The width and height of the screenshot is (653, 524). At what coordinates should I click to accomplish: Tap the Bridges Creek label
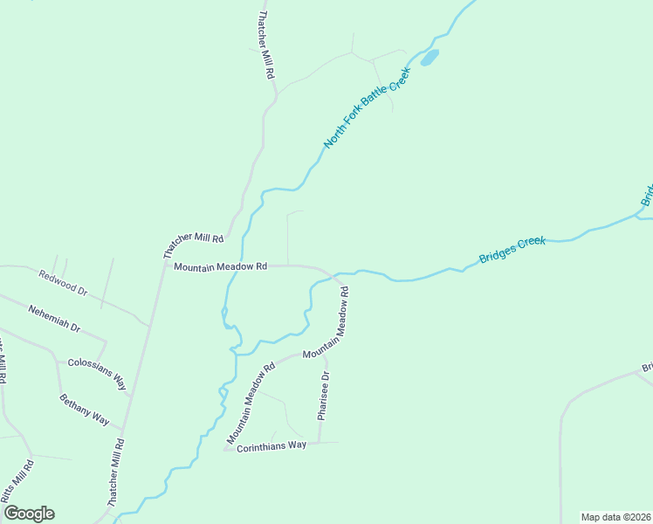point(512,249)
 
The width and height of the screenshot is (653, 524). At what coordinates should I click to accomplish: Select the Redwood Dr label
point(64,282)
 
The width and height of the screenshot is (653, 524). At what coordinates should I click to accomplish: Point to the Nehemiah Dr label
point(54,319)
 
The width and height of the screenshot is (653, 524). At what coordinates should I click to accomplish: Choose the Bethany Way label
point(85,410)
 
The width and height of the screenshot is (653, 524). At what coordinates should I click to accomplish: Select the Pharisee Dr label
point(323,396)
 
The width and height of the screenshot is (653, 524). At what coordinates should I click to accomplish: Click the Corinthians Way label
point(272,446)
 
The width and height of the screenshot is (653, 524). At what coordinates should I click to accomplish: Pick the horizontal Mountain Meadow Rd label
point(219,266)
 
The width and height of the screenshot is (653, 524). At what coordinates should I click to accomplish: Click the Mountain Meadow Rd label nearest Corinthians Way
point(251,402)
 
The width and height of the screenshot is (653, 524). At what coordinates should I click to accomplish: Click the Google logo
point(29,514)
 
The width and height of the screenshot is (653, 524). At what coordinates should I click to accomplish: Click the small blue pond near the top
point(429,59)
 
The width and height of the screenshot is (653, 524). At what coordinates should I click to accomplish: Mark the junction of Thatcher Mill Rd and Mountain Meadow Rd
point(164,266)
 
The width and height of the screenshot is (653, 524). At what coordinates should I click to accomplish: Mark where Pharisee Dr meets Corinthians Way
point(318,442)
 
